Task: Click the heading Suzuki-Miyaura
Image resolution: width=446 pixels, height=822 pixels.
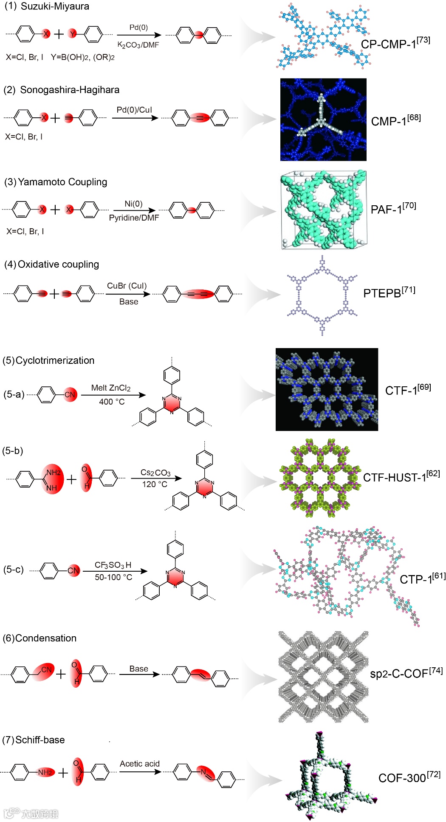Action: pos(55,6)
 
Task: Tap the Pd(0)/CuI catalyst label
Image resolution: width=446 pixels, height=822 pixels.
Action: pos(134,110)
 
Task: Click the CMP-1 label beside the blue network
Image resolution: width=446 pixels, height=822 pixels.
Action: pos(389,122)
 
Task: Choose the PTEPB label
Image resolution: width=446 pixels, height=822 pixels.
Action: pos(382,293)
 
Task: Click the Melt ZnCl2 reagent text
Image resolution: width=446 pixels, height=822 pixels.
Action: pos(111,388)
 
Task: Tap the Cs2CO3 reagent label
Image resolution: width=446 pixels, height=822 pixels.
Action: pos(155,473)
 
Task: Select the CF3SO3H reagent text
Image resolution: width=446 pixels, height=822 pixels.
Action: pos(113,565)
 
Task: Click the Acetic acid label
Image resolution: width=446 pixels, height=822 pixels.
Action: pos(140,764)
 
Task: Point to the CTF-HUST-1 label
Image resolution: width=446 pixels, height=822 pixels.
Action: pos(395,477)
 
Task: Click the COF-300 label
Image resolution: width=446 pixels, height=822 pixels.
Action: pos(402,778)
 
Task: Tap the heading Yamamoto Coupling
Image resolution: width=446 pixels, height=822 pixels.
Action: pos(62,182)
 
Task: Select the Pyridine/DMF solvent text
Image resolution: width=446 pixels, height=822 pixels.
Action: pos(134,218)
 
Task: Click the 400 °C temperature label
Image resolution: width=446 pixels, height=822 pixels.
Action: pos(112,402)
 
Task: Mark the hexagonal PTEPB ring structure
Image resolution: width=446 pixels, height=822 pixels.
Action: pos(322,295)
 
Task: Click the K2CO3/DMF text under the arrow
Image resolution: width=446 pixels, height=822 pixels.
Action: pos(138,45)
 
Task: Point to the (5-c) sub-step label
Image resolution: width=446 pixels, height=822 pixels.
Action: pos(13,569)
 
